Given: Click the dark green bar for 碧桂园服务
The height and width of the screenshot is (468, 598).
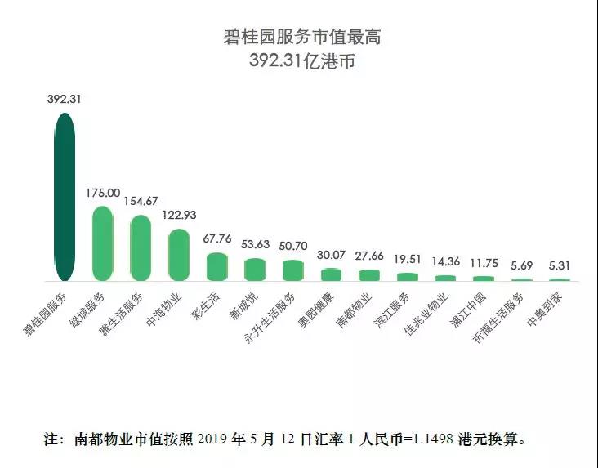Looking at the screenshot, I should [65, 196].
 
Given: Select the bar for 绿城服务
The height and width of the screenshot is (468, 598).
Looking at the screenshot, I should [102, 243].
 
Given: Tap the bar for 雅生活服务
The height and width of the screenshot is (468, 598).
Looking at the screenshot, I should [141, 247].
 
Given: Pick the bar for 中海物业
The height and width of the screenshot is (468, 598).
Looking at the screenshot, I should [178, 255].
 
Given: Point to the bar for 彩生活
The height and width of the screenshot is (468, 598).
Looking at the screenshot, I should [216, 266].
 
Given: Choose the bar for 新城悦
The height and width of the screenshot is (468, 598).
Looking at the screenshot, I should [255, 270].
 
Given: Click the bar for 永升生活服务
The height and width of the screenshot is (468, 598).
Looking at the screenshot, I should [292, 270].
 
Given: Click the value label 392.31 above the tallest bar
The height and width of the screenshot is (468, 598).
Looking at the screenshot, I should [65, 99].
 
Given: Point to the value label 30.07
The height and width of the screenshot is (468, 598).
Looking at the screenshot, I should [331, 255].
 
